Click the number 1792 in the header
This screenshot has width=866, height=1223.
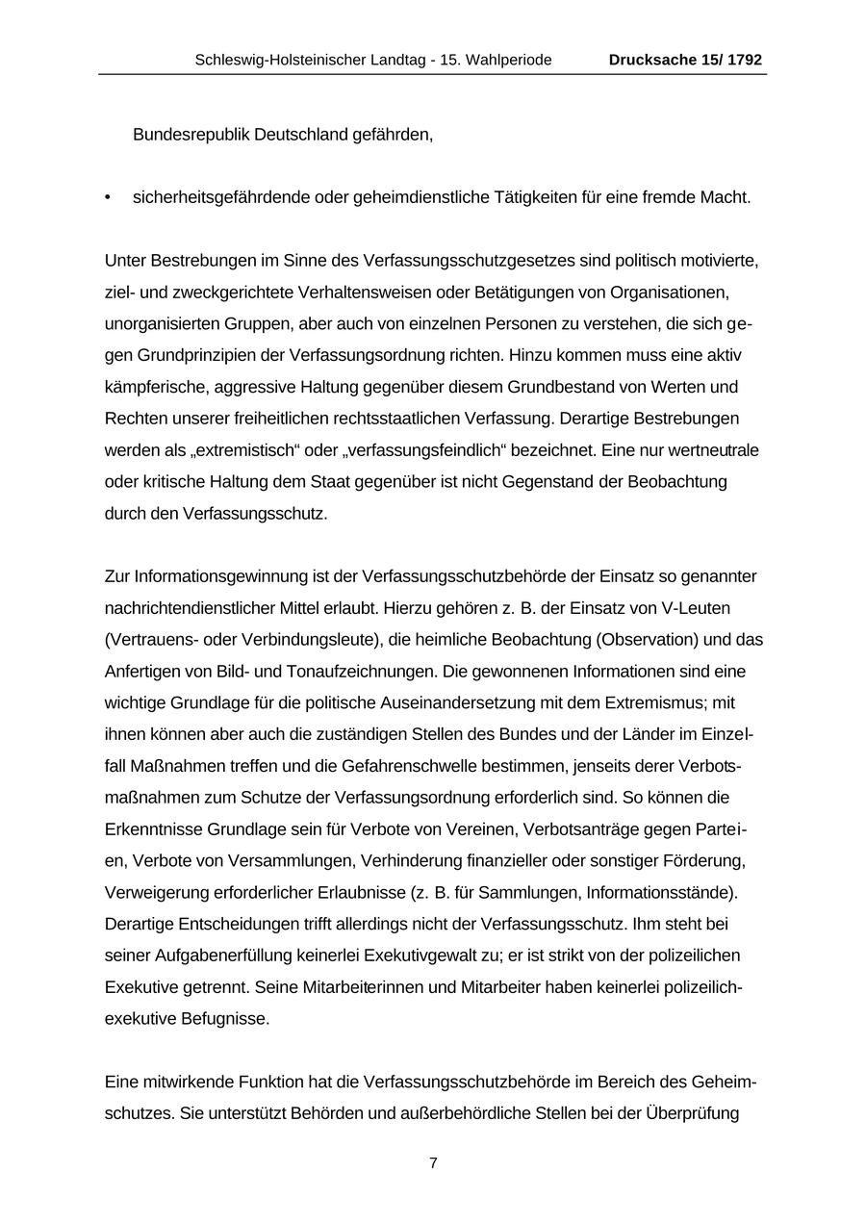pos(745,60)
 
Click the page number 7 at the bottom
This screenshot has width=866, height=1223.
pos(433,1162)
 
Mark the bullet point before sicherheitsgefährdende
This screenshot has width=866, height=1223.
pos(108,198)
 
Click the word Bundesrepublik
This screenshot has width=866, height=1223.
pos(191,135)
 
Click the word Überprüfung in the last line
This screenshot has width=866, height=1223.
pos(689,1114)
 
